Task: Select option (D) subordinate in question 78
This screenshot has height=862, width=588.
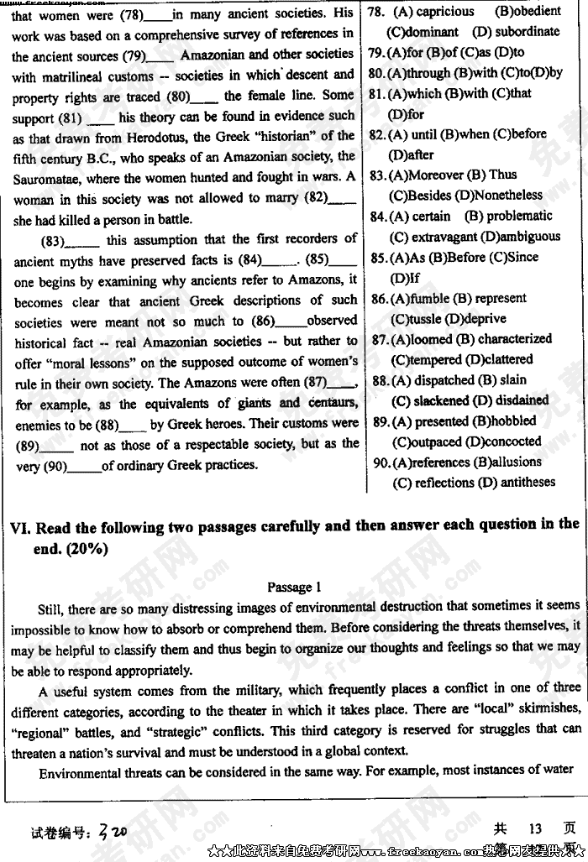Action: pyautogui.click(x=516, y=32)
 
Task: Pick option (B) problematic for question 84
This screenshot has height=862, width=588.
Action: pyautogui.click(x=508, y=217)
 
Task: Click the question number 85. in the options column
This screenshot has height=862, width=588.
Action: pyautogui.click(x=378, y=258)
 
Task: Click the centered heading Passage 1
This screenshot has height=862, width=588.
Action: pyautogui.click(x=294, y=588)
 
